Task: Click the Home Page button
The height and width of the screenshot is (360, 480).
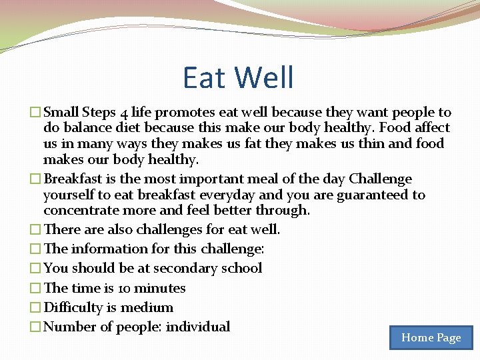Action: click(431, 338)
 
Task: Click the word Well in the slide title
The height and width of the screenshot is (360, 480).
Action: click(265, 77)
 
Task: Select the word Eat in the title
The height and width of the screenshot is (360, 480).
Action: click(205, 77)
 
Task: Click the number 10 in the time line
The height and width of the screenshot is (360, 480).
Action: click(123, 289)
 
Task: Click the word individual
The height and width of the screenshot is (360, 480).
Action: click(198, 327)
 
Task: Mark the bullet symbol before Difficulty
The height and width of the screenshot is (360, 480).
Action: click(36, 308)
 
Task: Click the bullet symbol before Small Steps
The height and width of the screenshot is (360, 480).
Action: click(36, 113)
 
